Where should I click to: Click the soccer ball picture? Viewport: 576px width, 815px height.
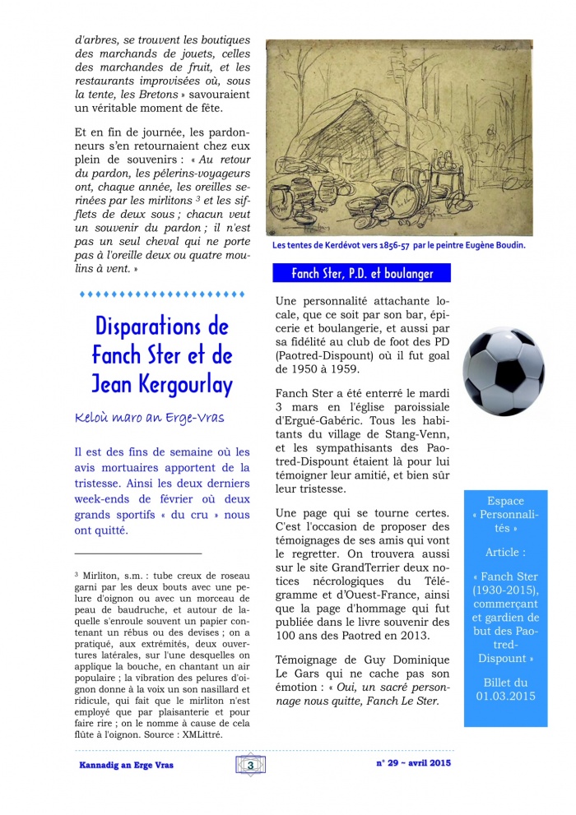(503, 372)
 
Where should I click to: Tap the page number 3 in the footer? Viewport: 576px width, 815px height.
(250, 765)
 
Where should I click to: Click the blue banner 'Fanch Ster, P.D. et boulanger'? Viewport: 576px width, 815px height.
(361, 273)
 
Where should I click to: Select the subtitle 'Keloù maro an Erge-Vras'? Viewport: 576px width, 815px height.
(149, 418)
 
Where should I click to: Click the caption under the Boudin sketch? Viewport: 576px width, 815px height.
(398, 245)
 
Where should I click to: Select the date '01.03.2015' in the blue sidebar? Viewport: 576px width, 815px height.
(505, 697)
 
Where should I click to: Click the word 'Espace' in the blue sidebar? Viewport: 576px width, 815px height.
(505, 500)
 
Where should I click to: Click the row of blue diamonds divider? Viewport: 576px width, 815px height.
(161, 294)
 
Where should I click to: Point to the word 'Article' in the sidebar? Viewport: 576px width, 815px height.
(504, 553)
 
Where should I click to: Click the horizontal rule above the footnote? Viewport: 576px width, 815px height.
(137, 554)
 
